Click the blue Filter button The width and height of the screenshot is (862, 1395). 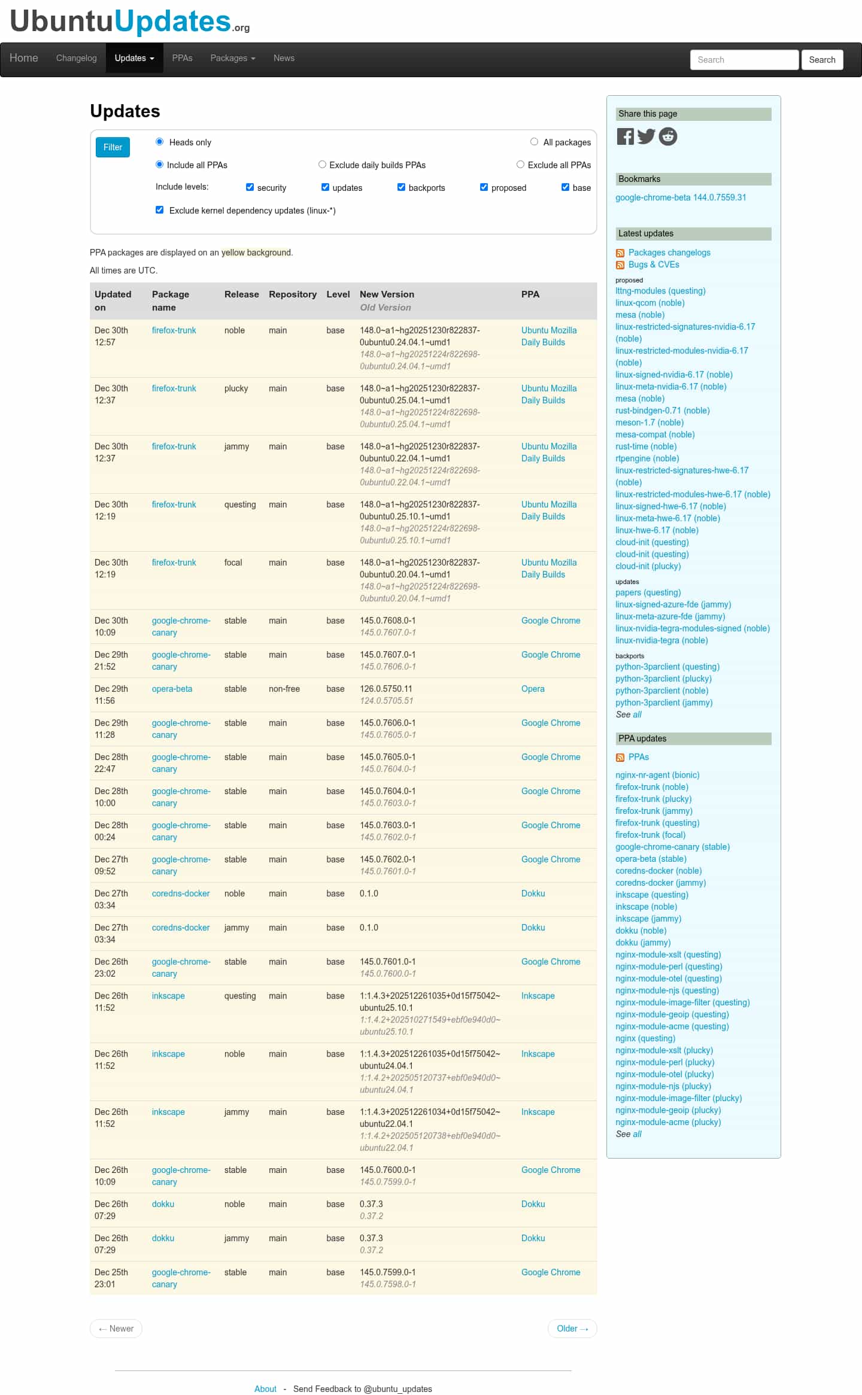point(113,147)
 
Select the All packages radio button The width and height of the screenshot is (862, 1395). point(534,142)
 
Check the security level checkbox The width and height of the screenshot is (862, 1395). point(250,187)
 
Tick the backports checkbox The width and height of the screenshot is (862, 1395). point(401,187)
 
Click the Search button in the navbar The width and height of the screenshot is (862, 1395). point(822,60)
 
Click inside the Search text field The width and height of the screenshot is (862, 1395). point(744,60)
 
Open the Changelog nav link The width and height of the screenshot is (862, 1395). point(76,58)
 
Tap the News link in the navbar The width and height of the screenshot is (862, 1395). point(284,58)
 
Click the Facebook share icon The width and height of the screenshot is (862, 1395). point(625,136)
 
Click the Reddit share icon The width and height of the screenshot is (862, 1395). point(668,136)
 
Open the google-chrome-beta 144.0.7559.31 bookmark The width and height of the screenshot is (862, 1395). point(681,197)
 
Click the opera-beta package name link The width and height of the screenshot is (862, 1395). point(172,689)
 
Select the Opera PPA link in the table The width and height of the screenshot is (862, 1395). point(533,689)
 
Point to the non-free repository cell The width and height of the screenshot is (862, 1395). point(284,689)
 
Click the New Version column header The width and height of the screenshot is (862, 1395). point(387,294)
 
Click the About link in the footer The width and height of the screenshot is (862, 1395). point(265,1389)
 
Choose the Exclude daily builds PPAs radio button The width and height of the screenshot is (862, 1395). point(322,165)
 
